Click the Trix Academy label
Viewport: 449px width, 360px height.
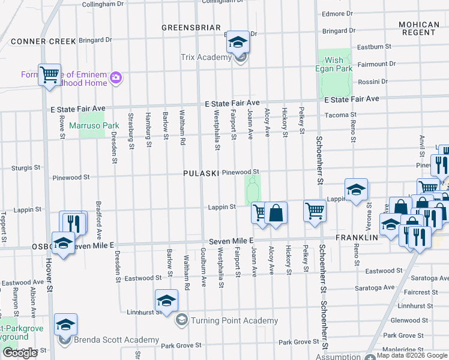pos(206,58)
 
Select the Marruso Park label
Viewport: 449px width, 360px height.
pos(91,126)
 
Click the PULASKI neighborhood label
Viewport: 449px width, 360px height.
pos(200,173)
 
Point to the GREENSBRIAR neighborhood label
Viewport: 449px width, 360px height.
pos(191,28)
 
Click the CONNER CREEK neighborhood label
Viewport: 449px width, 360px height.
pos(43,41)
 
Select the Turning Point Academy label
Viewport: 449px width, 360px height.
pos(234,321)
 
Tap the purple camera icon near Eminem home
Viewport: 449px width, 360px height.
pos(116,77)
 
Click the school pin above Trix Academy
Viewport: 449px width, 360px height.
pos(238,42)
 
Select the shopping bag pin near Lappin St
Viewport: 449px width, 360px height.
pos(276,212)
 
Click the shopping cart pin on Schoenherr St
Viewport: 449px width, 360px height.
pos(315,211)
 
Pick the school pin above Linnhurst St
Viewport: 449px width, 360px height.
pos(166,301)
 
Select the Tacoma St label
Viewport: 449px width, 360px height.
pos(340,115)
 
